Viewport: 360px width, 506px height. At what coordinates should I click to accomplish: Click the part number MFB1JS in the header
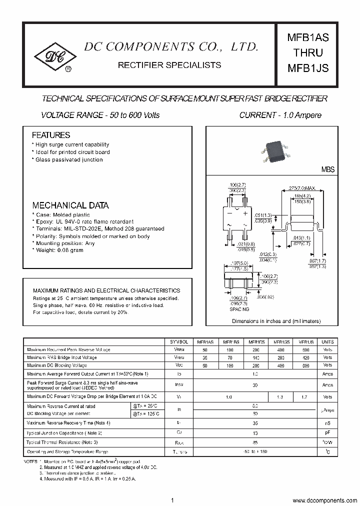pos(307,68)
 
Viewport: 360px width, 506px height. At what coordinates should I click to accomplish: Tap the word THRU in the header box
pos(307,53)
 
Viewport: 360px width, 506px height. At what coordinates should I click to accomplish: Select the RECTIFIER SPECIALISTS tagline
pos(169,65)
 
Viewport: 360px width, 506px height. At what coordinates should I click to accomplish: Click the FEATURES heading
pos(51,135)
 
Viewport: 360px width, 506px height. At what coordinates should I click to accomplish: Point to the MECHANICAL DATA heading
pos(70,205)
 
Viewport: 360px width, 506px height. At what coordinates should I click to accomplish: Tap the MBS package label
pos(327,170)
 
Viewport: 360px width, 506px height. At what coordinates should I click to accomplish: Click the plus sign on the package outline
pos(245,213)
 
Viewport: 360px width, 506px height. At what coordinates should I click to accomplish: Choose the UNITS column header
pos(327,341)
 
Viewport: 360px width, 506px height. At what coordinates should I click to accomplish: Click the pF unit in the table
pos(327,433)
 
